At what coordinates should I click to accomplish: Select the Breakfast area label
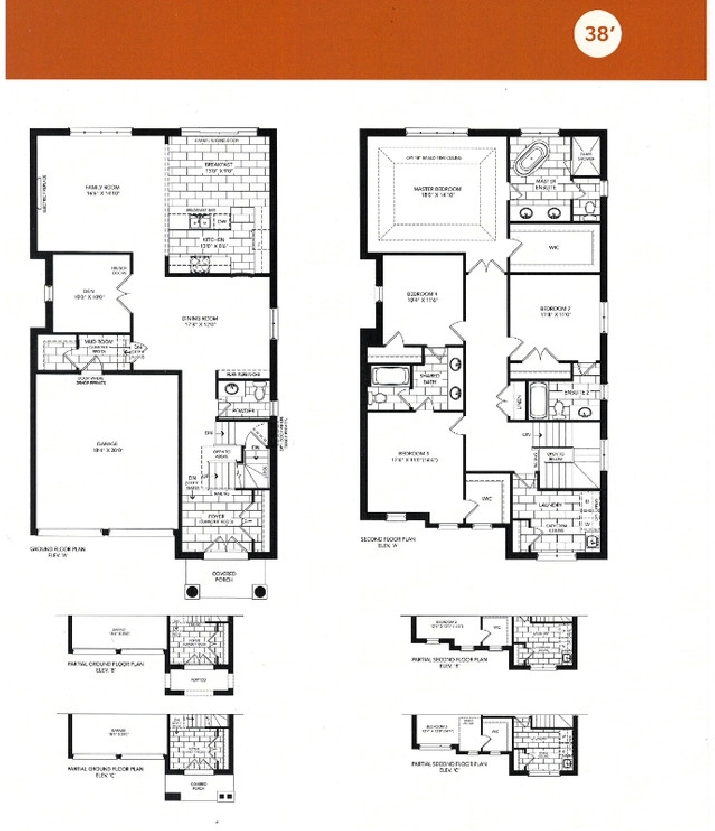coord(215,168)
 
